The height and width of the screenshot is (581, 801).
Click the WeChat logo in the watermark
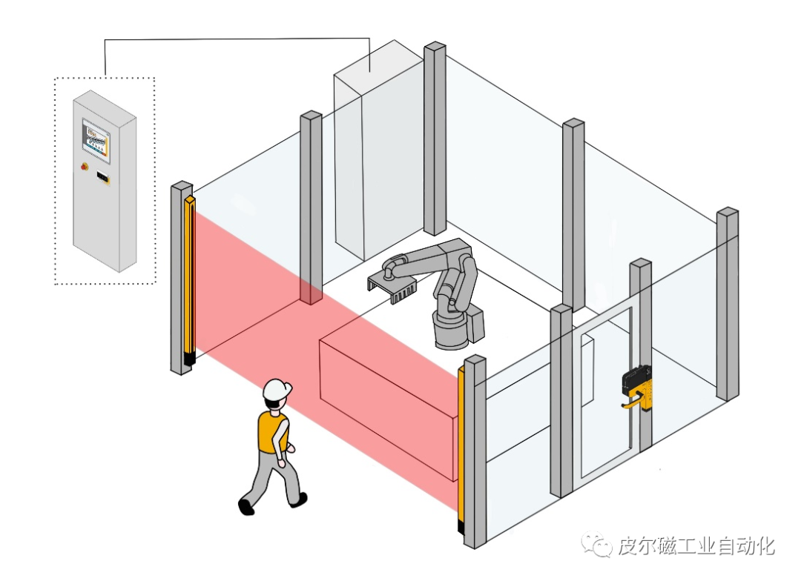[594, 546]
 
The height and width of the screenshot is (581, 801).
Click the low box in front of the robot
[386, 400]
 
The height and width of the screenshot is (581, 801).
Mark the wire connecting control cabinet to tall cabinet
[237, 39]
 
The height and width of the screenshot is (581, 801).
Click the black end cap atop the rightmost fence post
[728, 212]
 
